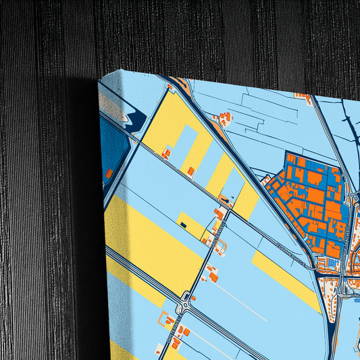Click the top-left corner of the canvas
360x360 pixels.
click(x=99, y=79)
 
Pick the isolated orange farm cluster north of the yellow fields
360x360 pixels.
click(x=223, y=120)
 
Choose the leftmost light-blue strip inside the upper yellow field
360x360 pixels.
click(x=186, y=145)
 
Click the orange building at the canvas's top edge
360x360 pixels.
click(x=181, y=84)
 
